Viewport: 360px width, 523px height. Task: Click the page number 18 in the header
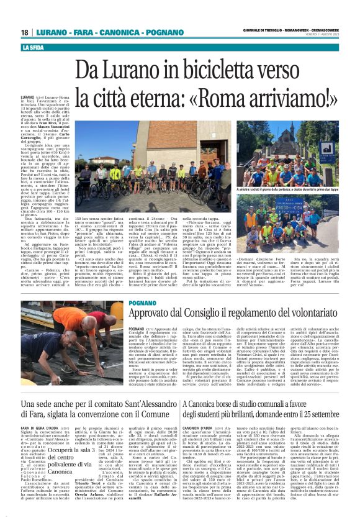(25, 32)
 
